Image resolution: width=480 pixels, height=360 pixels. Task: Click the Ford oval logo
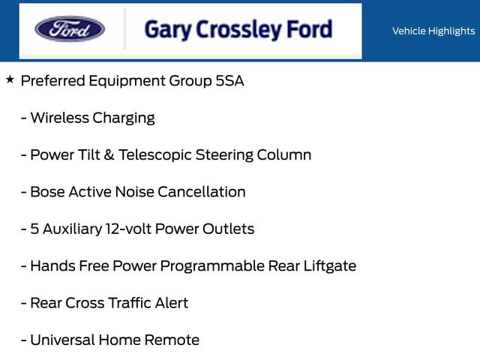[70, 28]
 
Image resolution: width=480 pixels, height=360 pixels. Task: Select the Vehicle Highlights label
[433, 31]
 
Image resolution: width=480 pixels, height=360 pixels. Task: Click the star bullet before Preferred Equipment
[10, 79]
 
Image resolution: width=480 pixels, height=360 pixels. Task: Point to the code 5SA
[230, 81]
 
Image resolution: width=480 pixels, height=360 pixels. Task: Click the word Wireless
[60, 118]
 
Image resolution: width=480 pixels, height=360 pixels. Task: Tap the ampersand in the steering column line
[109, 155]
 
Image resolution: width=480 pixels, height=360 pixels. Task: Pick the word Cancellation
[202, 192]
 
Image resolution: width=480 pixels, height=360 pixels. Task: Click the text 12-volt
[128, 229]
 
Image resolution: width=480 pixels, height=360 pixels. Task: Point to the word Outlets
[228, 229]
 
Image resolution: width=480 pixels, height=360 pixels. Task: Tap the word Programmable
[212, 266]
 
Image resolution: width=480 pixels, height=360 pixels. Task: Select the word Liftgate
[330, 266]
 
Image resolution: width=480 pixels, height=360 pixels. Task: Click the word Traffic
[130, 303]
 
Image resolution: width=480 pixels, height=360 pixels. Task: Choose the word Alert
[172, 303]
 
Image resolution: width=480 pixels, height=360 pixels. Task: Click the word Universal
[62, 340]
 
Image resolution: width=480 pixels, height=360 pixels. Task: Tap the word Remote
[172, 340]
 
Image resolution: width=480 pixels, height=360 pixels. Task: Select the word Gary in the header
[168, 30]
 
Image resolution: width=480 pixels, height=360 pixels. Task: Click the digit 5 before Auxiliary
[34, 229]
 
